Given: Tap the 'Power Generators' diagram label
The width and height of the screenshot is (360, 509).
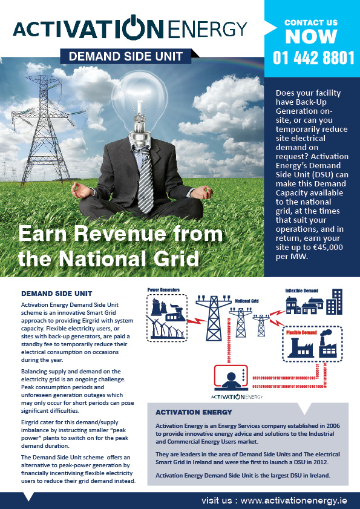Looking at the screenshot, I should [163, 291].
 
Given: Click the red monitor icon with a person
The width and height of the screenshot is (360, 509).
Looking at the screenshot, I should [229, 378].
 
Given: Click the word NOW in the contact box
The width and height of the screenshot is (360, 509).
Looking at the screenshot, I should [311, 37].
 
